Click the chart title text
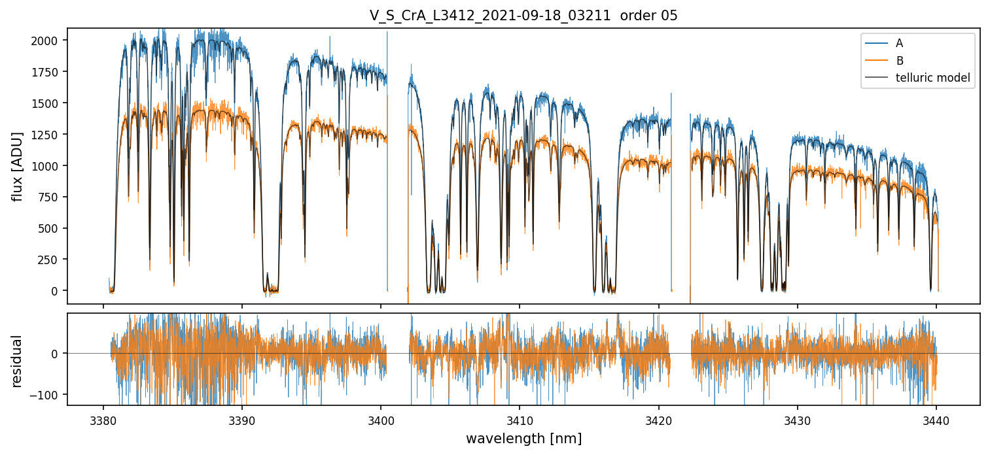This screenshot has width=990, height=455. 523,16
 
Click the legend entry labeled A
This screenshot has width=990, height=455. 899,43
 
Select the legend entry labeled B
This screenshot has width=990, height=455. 899,61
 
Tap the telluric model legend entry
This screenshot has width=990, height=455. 932,78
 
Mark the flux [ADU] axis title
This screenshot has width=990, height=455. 18,166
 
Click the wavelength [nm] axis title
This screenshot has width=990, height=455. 523,438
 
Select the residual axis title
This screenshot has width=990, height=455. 18,361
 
